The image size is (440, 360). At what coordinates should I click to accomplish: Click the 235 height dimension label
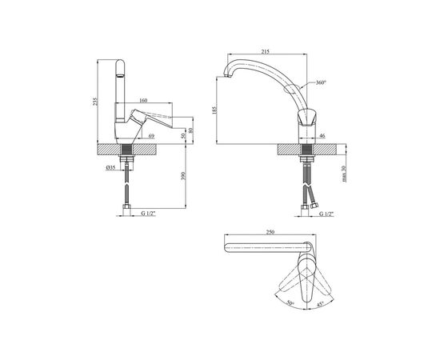point(95,102)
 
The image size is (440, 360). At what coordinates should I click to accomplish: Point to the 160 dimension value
point(143,100)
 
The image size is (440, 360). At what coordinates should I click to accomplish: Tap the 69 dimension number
point(151,136)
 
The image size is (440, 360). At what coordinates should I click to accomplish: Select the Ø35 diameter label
point(110,168)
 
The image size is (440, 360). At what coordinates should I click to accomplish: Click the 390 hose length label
point(183,176)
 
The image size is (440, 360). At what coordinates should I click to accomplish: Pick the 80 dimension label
point(191,130)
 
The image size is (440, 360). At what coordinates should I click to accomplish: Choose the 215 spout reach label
point(265,51)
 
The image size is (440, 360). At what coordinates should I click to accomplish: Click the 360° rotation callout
point(322,82)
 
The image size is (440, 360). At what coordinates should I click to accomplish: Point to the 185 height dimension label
point(215,110)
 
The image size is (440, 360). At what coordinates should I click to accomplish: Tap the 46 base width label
point(322,136)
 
